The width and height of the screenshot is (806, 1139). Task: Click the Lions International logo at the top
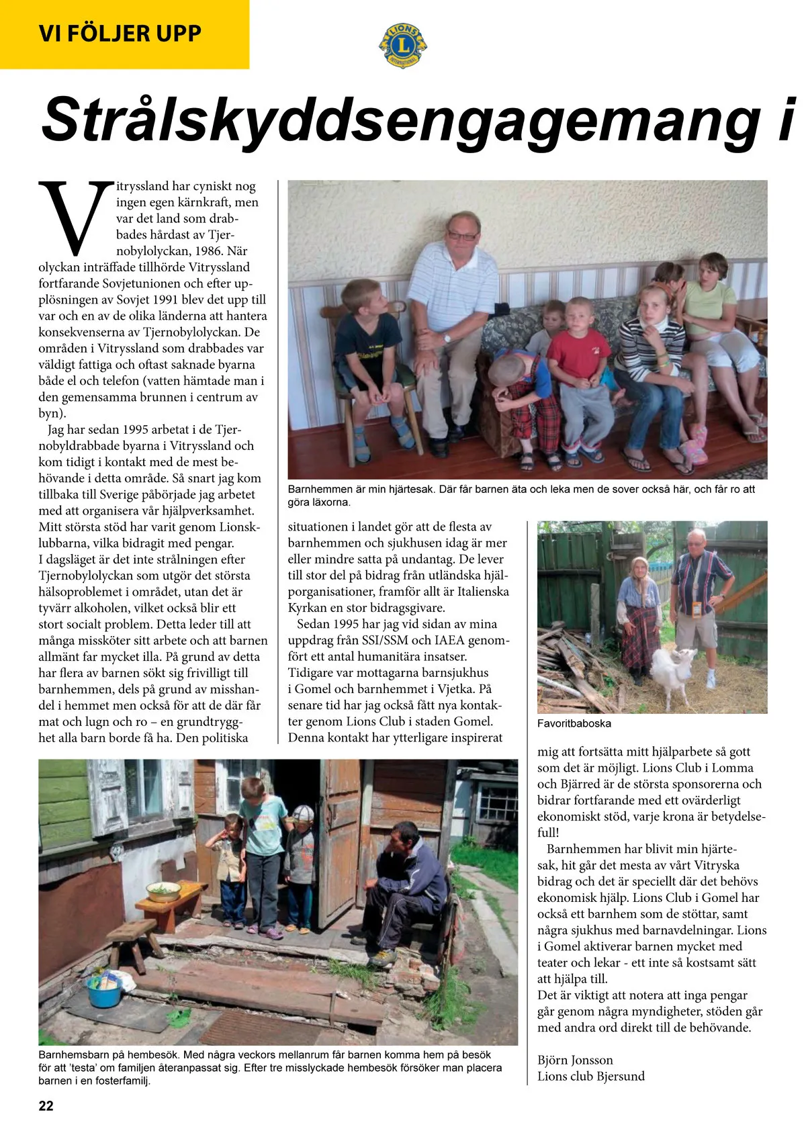(x=402, y=45)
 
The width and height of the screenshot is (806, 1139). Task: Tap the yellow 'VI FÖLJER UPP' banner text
(x=120, y=34)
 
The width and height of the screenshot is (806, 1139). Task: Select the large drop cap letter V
(x=75, y=216)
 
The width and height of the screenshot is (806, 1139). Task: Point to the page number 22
(x=46, y=1106)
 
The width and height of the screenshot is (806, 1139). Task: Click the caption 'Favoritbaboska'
(x=574, y=723)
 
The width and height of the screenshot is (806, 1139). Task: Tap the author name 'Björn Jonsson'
(x=575, y=1060)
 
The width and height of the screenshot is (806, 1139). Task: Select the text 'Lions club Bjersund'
(x=590, y=1076)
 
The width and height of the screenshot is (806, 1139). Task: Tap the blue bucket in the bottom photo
(x=104, y=991)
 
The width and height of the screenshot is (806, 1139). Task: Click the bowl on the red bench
(x=163, y=891)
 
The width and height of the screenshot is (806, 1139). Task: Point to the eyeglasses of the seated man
(x=462, y=236)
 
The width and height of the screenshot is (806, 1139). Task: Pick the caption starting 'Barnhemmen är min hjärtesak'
(x=521, y=495)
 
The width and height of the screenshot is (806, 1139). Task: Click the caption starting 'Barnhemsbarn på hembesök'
(x=269, y=1067)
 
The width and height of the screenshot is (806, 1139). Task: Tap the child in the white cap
(x=300, y=866)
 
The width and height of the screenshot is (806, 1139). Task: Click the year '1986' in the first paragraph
(x=209, y=250)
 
